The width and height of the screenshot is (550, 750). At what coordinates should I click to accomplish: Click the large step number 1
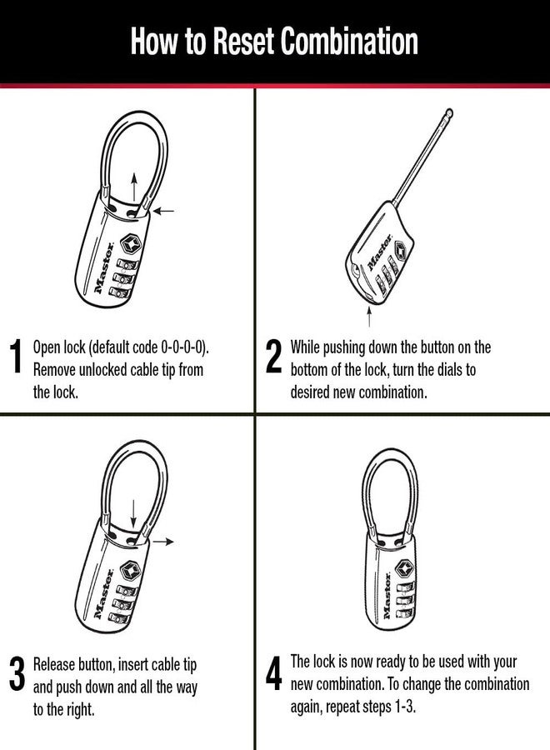(x=15, y=357)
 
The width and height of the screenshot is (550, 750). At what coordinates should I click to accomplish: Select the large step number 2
(x=273, y=357)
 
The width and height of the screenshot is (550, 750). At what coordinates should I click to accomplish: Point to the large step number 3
(x=16, y=674)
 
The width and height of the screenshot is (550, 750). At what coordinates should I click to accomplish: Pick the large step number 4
(x=273, y=674)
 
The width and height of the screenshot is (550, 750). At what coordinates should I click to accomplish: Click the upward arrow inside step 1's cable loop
(x=132, y=184)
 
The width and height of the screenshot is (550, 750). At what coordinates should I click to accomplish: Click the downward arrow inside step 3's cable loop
(x=132, y=508)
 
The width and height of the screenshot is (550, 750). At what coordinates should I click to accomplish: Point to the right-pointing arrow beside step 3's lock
(x=164, y=542)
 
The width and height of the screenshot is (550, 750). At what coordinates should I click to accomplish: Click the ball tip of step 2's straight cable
(x=449, y=111)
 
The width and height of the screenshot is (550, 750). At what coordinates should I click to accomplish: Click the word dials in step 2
(x=459, y=369)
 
